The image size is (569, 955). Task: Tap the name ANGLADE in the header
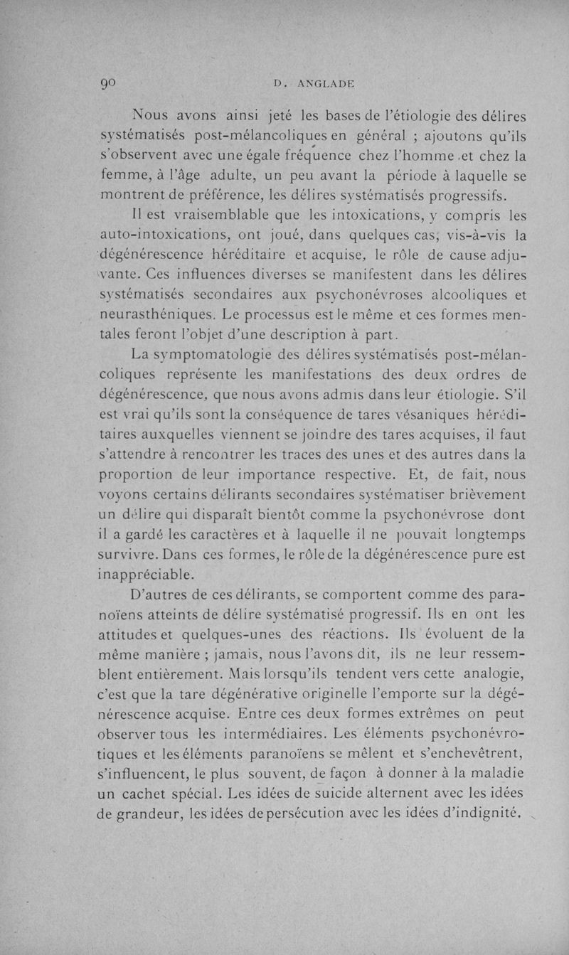321,83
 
